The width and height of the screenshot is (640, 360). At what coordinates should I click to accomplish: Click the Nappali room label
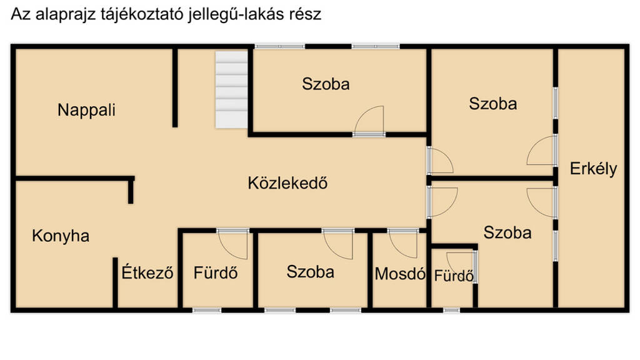pos(86,110)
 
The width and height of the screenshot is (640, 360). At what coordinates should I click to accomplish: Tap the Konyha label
pos(61,236)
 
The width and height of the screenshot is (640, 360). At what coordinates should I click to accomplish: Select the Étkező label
pos(147,272)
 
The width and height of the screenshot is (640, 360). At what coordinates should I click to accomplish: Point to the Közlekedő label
pos(287,183)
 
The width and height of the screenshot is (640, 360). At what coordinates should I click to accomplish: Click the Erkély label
pos(594,169)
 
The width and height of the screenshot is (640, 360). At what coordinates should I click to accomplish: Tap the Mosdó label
pos(400,274)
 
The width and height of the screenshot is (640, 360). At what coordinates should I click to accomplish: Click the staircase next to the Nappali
pos(231,89)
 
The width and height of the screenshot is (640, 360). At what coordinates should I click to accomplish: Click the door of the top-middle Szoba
pos(369,120)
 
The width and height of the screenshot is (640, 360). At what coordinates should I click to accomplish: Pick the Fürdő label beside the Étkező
pos(216,272)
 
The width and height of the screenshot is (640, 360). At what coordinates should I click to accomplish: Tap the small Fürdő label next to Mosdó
pos(454,276)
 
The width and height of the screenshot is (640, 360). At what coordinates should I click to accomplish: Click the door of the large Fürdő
pos(232,244)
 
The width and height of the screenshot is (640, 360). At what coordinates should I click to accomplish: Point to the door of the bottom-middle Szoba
pos(338,244)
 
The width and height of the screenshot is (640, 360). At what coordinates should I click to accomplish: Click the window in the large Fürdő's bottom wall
pos(207,311)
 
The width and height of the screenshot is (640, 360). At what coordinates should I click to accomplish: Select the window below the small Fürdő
pos(451,311)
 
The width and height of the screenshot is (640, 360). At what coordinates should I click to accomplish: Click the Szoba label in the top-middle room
pos(326,84)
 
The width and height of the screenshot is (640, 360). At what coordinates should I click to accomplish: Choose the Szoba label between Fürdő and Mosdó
pos(310,272)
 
